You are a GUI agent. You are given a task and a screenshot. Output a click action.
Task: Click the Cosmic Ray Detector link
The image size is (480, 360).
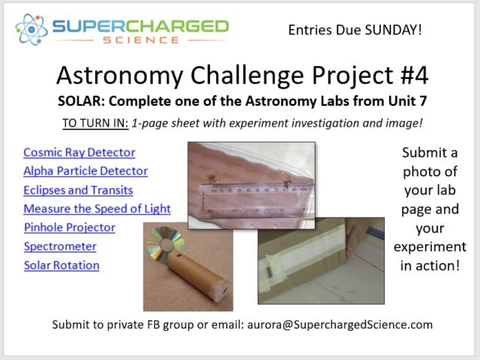[x=79, y=152]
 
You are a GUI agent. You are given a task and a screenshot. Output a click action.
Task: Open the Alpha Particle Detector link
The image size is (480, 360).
[x=85, y=171]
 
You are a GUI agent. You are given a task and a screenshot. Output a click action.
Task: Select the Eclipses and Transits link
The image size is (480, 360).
[x=78, y=190]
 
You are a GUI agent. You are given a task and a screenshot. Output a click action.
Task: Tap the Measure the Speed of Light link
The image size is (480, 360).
[x=97, y=208]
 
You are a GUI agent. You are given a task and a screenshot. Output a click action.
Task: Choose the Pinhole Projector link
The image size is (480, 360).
[x=70, y=227]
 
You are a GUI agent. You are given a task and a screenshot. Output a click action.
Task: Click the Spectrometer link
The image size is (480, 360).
[x=60, y=247]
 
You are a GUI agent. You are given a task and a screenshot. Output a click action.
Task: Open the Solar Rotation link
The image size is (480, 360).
[x=61, y=265]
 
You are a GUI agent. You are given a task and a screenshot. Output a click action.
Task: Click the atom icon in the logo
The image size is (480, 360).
[x=31, y=29]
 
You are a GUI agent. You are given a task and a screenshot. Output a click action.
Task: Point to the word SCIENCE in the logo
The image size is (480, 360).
[x=141, y=40]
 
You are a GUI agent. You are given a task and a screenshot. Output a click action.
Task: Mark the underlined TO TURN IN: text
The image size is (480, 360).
[x=95, y=123]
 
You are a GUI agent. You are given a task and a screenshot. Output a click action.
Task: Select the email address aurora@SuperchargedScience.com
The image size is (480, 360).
[x=340, y=325]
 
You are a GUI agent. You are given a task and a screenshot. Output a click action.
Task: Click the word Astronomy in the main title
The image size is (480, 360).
[x=120, y=76]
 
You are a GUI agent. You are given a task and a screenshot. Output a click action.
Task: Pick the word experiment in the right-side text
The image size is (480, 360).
[x=430, y=247]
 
